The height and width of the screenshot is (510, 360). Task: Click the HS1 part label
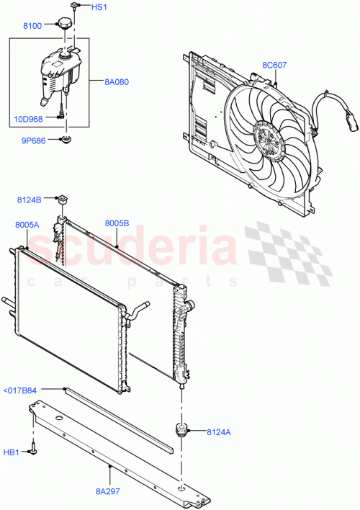[99, 8]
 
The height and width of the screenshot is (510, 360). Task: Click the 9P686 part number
[33, 140]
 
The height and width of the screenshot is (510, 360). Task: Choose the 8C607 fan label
[274, 66]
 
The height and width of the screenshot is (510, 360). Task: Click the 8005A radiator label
[27, 225]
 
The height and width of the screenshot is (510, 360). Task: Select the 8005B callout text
[117, 224]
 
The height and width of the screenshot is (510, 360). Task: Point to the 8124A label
[220, 432]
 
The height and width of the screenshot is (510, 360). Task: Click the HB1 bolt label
[12, 452]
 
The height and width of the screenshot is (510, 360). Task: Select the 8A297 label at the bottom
[109, 489]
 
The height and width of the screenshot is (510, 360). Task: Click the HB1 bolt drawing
[33, 451]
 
